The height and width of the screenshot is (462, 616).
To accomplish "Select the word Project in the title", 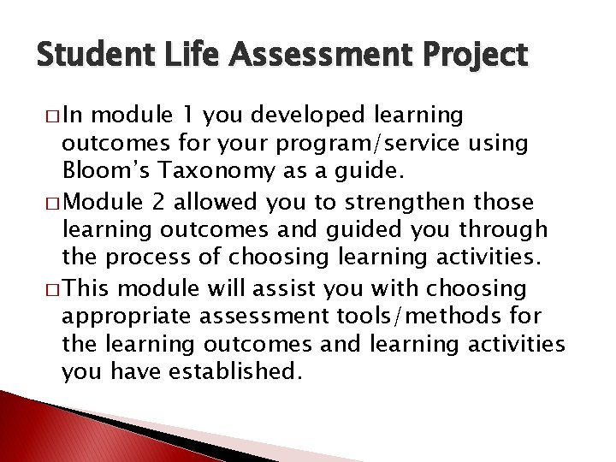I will click(472, 57).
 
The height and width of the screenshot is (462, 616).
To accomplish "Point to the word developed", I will click(277, 116).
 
